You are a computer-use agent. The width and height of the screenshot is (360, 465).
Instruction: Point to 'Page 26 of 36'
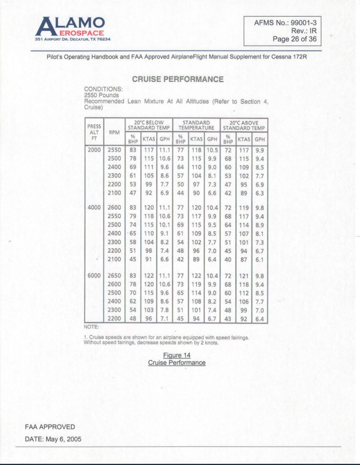[x=294, y=39]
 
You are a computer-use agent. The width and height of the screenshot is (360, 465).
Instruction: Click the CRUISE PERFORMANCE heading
[x=177, y=80]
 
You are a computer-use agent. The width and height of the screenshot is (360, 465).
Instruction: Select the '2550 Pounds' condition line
[x=102, y=95]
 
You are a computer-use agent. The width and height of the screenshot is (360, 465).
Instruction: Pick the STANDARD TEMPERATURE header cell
[x=196, y=125]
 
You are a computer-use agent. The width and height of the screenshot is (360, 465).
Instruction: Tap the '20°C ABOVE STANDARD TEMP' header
[x=244, y=125]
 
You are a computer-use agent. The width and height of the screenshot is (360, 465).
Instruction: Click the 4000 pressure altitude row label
[x=94, y=208]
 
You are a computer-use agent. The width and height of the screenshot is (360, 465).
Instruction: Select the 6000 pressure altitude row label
[x=94, y=276]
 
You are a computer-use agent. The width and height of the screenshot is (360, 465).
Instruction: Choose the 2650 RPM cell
[x=114, y=276]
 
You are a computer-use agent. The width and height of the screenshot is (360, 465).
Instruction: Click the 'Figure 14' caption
[x=177, y=355]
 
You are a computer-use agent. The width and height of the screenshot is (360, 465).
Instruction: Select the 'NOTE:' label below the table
[x=91, y=326]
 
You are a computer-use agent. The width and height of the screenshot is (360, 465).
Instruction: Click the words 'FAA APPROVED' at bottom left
[x=50, y=427]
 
